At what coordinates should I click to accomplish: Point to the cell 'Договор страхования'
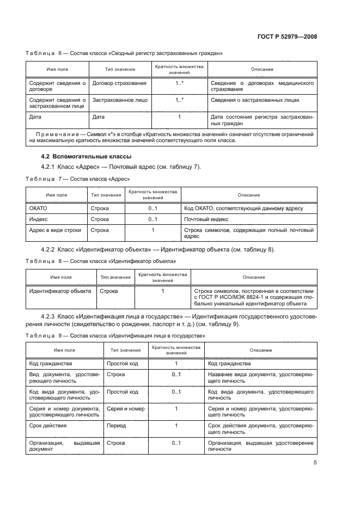(119, 83)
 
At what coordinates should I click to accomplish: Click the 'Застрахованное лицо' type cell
(120, 101)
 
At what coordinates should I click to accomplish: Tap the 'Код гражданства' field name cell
(54, 363)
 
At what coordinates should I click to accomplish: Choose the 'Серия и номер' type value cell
(125, 408)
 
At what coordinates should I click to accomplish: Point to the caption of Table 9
(115, 336)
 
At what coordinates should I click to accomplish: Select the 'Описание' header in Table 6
(261, 70)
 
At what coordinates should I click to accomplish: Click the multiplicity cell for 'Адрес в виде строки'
(152, 230)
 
